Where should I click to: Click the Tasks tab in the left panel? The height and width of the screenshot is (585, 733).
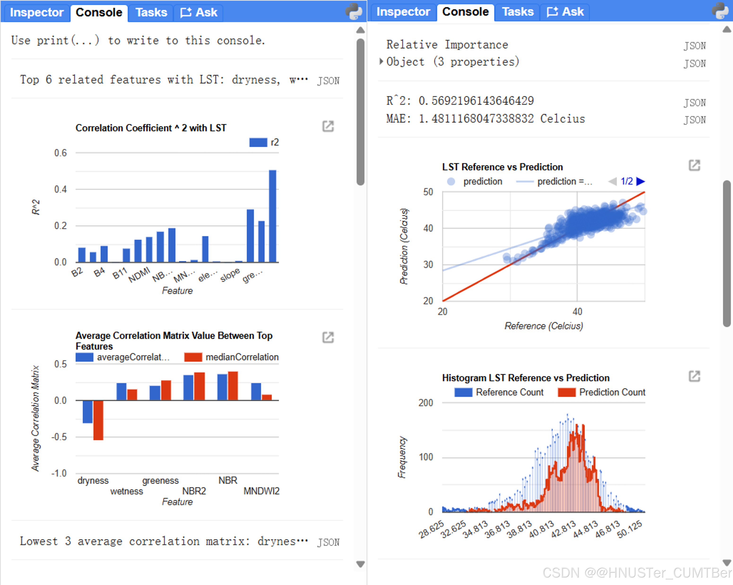[x=151, y=13]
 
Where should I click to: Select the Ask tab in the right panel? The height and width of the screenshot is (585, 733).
[x=565, y=12]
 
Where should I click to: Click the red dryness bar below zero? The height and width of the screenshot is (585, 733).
[x=98, y=420]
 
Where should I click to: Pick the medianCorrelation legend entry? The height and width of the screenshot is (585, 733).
[x=231, y=357]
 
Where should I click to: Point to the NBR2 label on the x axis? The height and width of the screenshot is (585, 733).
[x=194, y=491]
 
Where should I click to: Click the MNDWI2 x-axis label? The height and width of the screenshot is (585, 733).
[x=261, y=491]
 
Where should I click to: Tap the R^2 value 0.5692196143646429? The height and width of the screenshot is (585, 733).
[x=476, y=101]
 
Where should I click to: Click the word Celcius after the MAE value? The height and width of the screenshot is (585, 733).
[x=562, y=119]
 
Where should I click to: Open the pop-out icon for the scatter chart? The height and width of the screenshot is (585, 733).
[x=694, y=165]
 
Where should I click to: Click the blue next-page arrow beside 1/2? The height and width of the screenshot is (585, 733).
[x=641, y=181]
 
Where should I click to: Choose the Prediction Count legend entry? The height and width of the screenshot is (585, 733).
[x=601, y=392]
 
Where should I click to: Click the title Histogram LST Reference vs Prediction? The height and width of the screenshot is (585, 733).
[x=526, y=378]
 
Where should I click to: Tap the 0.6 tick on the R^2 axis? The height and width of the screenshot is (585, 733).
[x=61, y=153]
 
